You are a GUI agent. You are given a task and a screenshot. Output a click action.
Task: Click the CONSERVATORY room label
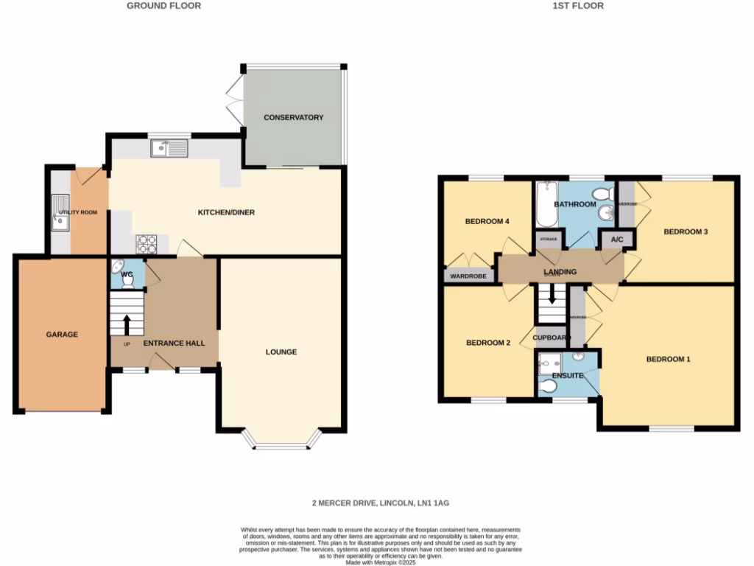294,118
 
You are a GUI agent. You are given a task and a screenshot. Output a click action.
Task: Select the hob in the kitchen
147,242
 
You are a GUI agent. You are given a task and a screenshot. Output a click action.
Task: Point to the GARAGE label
62,335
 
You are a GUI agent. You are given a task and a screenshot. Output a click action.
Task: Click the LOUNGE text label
281,352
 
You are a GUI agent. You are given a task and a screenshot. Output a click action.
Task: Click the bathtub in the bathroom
546,204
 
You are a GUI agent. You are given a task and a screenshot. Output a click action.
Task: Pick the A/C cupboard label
617,240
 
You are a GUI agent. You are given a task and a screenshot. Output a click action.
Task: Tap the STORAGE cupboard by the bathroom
549,240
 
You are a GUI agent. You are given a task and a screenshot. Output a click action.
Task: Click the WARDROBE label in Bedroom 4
469,277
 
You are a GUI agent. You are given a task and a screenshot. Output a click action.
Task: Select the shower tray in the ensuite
549,362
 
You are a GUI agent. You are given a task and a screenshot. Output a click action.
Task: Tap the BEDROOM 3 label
686,232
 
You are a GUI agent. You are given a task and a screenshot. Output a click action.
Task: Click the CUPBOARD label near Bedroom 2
552,338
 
